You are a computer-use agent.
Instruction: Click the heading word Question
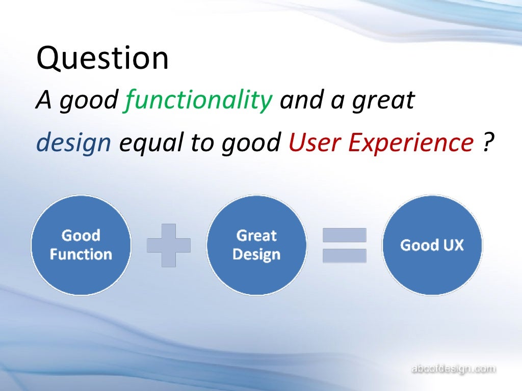coord(102,59)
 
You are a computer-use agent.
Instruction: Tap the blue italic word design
coord(73,144)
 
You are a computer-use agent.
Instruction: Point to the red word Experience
coord(411,144)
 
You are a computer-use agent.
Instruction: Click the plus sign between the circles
coord(169,245)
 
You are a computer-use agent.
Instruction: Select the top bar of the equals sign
coord(345,235)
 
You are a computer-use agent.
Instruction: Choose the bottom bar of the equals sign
coord(345,256)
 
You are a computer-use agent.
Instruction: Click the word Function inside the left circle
coord(81,254)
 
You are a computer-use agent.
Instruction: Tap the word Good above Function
coord(81,236)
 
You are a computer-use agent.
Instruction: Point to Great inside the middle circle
coord(256,236)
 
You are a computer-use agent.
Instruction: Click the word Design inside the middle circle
coord(256,254)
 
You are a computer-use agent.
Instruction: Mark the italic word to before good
coord(203,144)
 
